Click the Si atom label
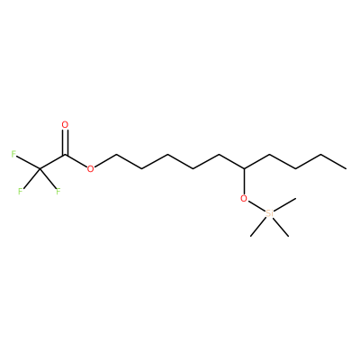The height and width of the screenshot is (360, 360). [x=270, y=213]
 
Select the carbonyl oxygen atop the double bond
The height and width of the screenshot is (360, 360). [x=65, y=124]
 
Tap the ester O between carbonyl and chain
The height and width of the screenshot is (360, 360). [x=90, y=169]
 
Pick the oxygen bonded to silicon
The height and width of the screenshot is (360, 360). [x=244, y=198]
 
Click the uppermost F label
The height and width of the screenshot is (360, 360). [x=13, y=154]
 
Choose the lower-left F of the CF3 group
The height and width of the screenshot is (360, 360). [x=20, y=191]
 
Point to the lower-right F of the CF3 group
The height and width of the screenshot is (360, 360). [x=58, y=191]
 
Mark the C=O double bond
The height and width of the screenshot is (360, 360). [x=65, y=142]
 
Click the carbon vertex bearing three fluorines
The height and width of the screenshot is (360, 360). [x=40, y=169]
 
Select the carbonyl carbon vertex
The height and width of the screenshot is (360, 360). [x=65, y=155]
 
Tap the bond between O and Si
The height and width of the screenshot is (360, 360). [x=256, y=206]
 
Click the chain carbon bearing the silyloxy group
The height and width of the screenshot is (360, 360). [x=244, y=169]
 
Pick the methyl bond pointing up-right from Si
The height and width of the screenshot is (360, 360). [x=285, y=204]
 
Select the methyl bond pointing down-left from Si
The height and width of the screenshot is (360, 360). [x=258, y=227]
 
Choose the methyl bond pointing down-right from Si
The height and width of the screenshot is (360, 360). [x=281, y=227]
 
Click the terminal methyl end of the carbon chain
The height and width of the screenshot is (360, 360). [x=346, y=169]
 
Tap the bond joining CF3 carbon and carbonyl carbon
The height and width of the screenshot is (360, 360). [x=52, y=162]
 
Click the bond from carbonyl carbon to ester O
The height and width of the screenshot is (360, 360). [x=76, y=161]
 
